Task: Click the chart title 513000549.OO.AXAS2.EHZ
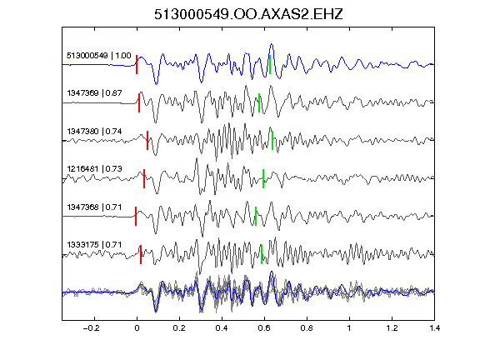[x=248, y=14]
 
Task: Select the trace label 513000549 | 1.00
[x=99, y=55]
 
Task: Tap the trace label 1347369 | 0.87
[x=94, y=93]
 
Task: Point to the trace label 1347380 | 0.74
[x=94, y=132]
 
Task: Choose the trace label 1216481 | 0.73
[x=94, y=169]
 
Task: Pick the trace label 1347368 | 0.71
[x=94, y=207]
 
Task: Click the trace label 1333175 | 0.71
[x=94, y=245]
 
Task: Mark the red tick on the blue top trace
[x=137, y=65]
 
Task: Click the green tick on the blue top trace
[x=270, y=65]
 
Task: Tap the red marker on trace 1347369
[x=139, y=102]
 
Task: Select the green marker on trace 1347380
[x=272, y=141]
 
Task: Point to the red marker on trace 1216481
[x=144, y=178]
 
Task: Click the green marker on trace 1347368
[x=256, y=217]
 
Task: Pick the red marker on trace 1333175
[x=141, y=254]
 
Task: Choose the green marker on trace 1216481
[x=263, y=178]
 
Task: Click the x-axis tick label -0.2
[x=92, y=328]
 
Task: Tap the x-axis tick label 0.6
[x=264, y=328]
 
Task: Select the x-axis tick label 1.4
[x=434, y=328]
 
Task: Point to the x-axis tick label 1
[x=349, y=328]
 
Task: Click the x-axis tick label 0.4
[x=222, y=328]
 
